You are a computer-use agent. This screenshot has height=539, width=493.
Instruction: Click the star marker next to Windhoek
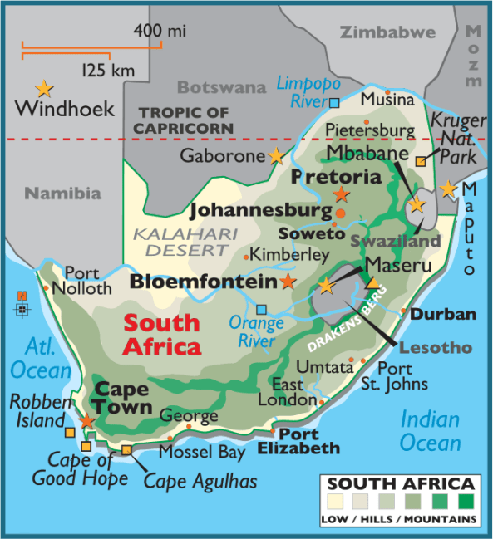[43, 87]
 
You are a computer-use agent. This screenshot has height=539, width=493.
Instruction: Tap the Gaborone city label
[224, 155]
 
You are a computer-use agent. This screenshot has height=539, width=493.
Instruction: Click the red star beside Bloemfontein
[288, 282]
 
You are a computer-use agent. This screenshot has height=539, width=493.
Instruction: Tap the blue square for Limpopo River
[334, 103]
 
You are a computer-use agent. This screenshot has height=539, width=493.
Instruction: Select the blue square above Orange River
[262, 309]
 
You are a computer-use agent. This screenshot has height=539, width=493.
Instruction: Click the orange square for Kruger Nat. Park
[421, 162]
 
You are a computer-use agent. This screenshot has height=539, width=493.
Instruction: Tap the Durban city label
[443, 314]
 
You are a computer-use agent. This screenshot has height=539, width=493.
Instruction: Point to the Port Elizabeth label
[309, 441]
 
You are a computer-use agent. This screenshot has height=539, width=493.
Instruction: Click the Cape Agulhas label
[200, 480]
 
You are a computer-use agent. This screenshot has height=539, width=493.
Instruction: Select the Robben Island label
[37, 411]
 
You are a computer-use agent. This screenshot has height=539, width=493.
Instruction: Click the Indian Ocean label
[430, 430]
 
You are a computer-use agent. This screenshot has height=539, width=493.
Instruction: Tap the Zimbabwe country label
[387, 32]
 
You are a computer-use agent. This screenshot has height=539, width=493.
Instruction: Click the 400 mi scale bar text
[159, 31]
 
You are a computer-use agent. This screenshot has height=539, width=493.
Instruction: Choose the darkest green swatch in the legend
[466, 502]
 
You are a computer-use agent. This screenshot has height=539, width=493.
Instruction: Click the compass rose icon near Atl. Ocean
[22, 305]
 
